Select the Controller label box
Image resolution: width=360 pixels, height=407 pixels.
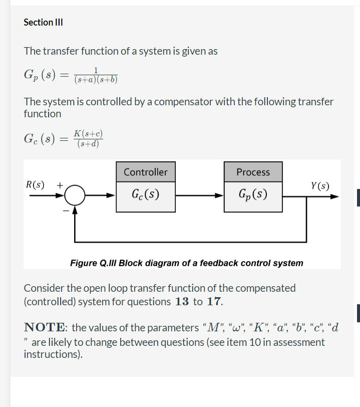click(145, 172)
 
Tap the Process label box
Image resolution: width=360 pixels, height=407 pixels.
click(253, 172)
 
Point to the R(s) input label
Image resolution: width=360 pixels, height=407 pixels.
click(35, 184)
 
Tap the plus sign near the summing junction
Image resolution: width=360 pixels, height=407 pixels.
click(59, 184)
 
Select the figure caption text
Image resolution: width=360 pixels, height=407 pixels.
click(186, 263)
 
